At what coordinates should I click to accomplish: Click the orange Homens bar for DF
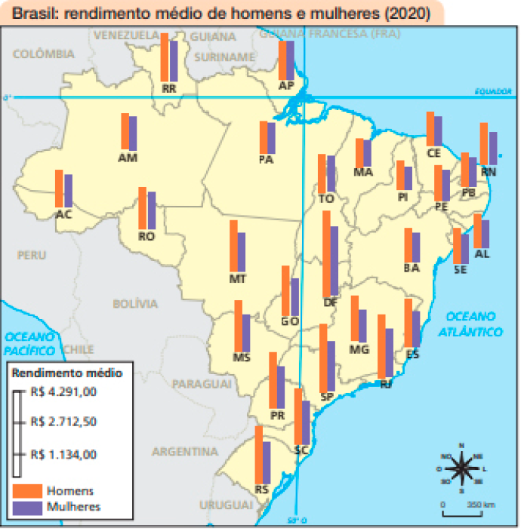click(x=326, y=254)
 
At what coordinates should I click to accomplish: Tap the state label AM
click(x=128, y=158)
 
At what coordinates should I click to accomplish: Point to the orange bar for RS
click(x=258, y=455)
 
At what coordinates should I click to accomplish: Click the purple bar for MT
click(x=242, y=252)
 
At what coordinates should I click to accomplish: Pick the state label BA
click(x=412, y=268)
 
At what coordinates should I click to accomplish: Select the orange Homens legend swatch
click(x=26, y=490)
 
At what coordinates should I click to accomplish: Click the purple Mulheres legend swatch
click(x=26, y=507)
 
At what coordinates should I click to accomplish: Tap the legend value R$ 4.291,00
click(x=65, y=391)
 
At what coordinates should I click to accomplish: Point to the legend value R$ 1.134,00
click(x=65, y=454)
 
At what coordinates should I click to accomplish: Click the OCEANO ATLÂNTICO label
click(x=473, y=324)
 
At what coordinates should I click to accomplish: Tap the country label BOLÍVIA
click(x=135, y=304)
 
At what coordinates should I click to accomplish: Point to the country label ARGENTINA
click(x=185, y=452)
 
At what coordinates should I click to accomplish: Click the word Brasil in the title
click(x=32, y=13)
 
